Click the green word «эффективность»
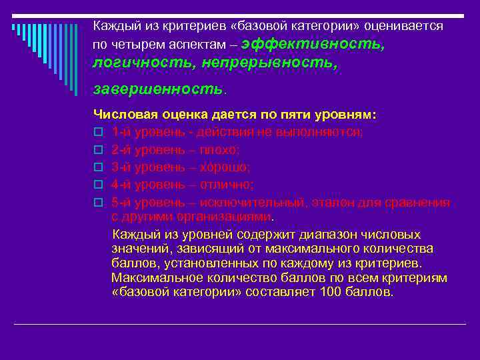(x=313, y=44)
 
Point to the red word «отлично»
(x=228, y=185)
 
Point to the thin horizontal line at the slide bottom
(x=240, y=324)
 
